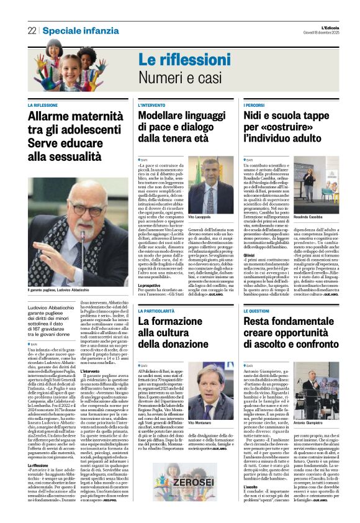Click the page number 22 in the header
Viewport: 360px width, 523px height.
(x=32, y=30)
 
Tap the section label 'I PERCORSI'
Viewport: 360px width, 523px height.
(x=255, y=106)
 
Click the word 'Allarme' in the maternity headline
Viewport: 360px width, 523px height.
(x=53, y=117)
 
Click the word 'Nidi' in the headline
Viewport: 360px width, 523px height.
(x=256, y=117)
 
